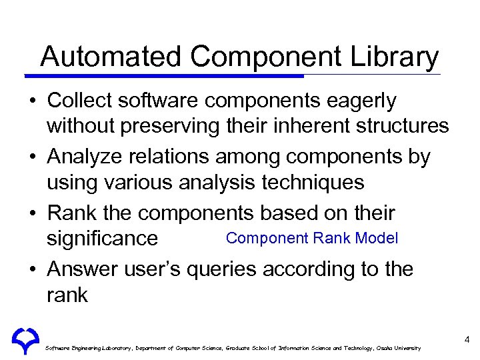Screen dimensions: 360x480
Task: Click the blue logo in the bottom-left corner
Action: point(25,341)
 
